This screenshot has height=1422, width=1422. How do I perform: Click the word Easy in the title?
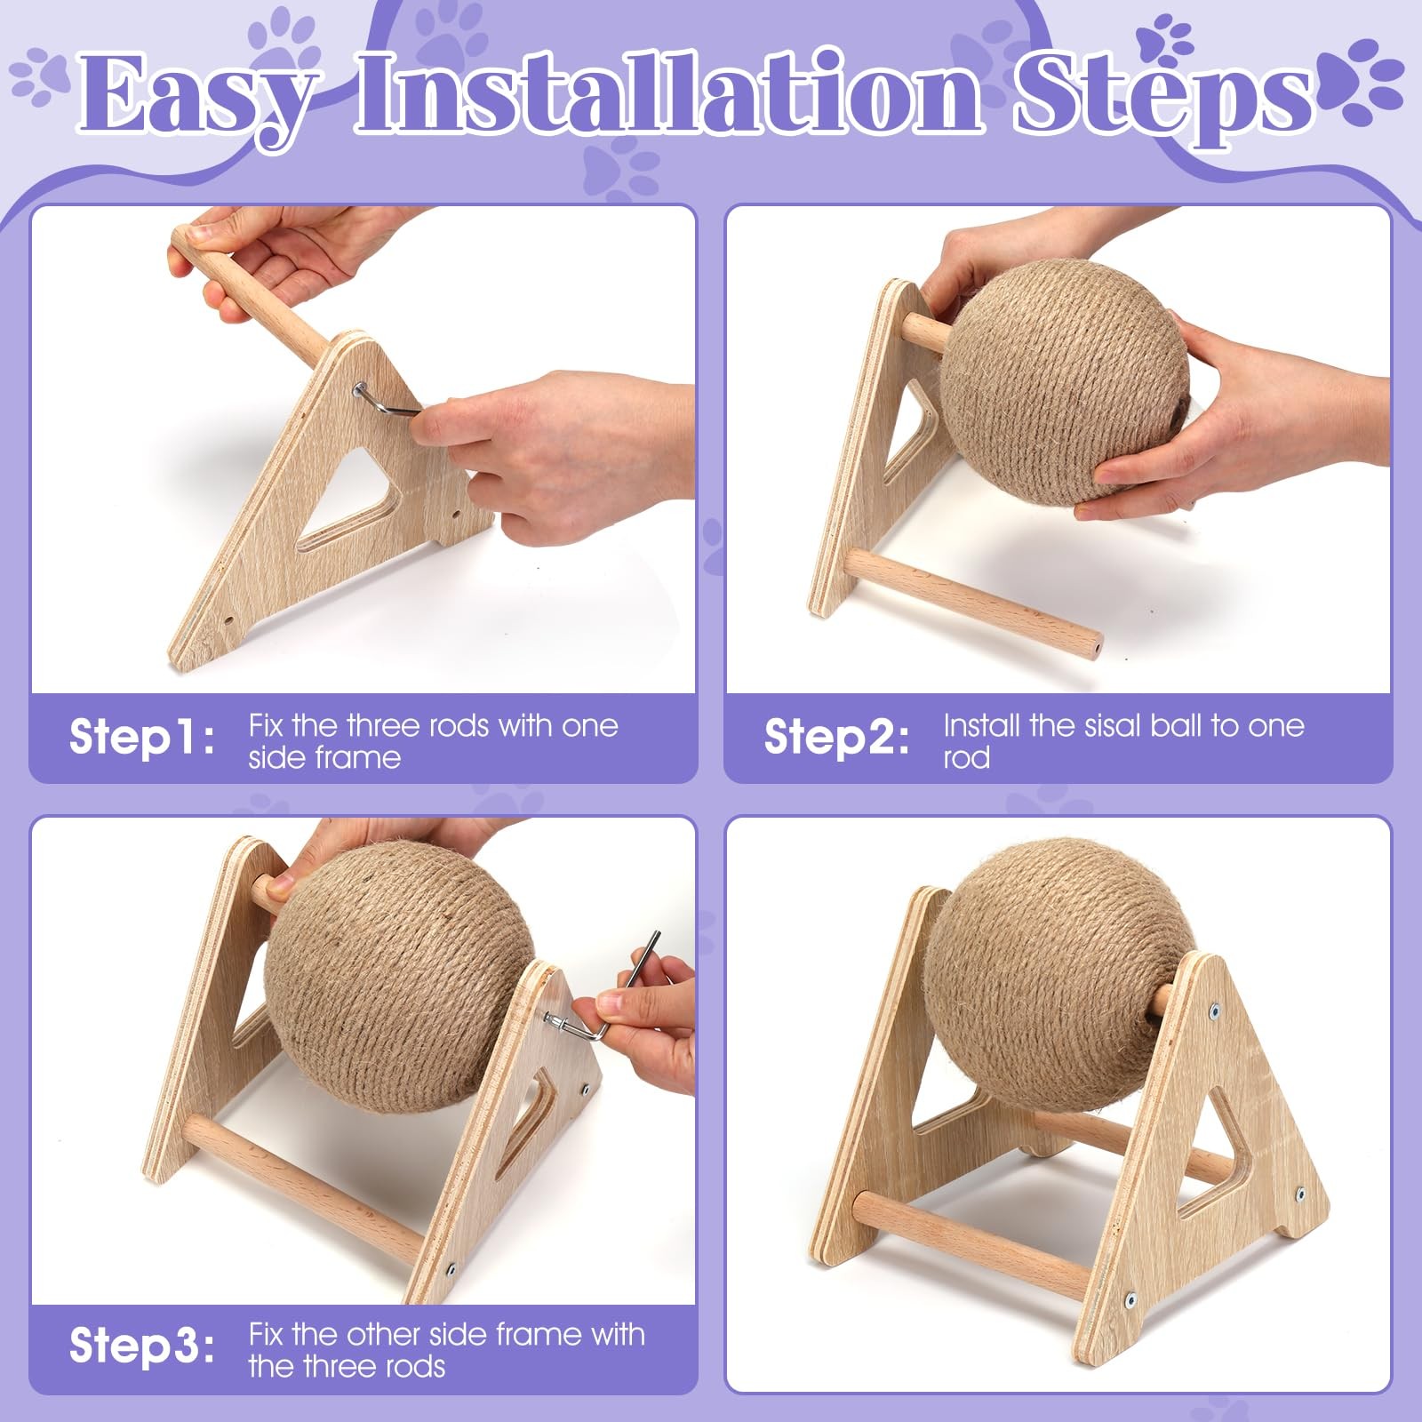pyautogui.click(x=197, y=96)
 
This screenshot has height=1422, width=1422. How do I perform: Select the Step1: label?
pyautogui.click(x=142, y=738)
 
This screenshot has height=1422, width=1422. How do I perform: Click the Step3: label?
pyautogui.click(x=142, y=1346)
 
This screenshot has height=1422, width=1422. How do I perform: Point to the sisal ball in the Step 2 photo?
pyautogui.click(x=1065, y=382)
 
